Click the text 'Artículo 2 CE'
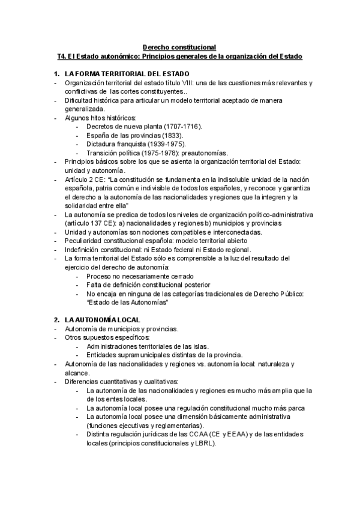coord(85,179)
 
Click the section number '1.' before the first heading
coord(57,73)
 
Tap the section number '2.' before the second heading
coord(57,320)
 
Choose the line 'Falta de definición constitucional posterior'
coord(148,285)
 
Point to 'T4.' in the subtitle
coord(62,56)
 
